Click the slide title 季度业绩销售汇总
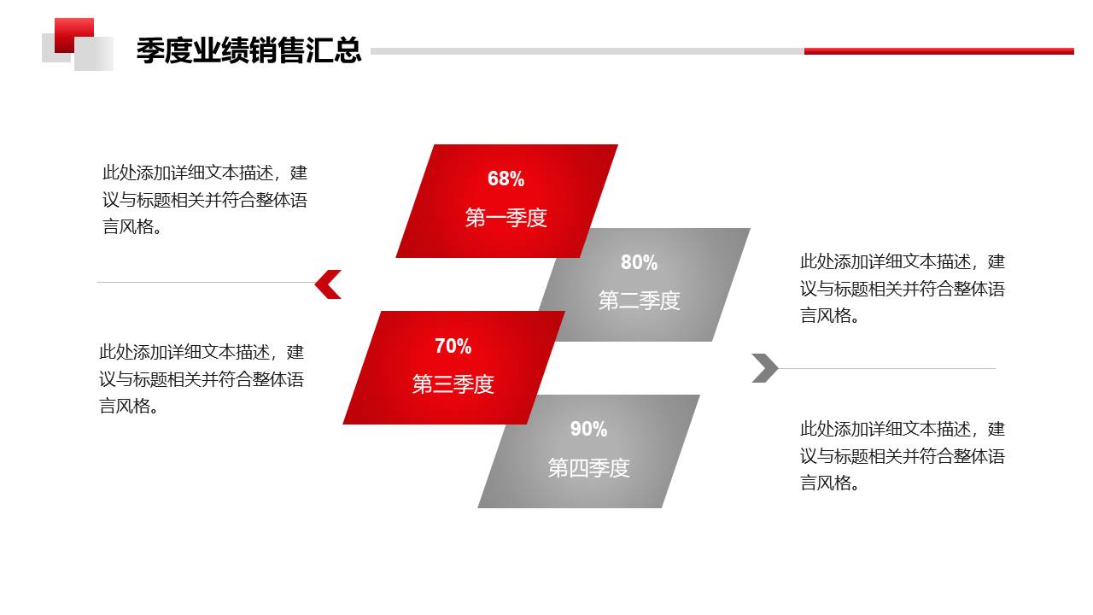click(248, 50)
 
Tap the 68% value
click(506, 179)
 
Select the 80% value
click(639, 262)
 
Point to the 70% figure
click(453, 346)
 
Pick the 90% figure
click(588, 429)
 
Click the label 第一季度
click(506, 218)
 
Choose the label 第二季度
click(639, 301)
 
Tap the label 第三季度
click(453, 384)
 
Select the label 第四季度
click(588, 468)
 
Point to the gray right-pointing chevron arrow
click(765, 368)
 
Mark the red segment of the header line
click(938, 51)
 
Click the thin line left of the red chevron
click(205, 282)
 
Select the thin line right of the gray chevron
click(888, 368)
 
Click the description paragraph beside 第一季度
click(205, 199)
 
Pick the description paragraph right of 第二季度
click(903, 288)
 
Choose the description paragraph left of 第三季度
click(202, 378)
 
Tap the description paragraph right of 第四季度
click(903, 455)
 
